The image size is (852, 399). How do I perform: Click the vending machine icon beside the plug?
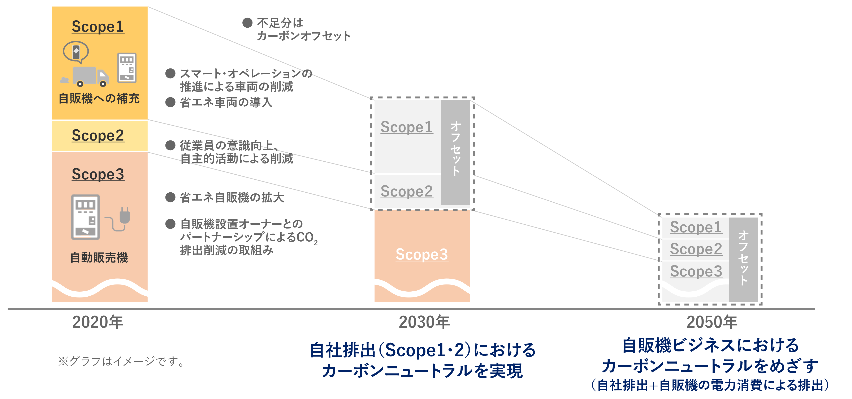[85, 217]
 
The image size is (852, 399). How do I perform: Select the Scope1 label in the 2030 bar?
[406, 127]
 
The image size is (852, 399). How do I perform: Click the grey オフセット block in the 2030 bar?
[455, 152]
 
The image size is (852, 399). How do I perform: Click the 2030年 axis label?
[424, 322]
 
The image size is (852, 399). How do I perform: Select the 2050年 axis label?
[712, 322]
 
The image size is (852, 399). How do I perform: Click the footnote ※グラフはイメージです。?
[121, 361]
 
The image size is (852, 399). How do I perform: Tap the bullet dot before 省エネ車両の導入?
[170, 102]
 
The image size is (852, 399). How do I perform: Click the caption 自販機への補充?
[99, 98]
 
